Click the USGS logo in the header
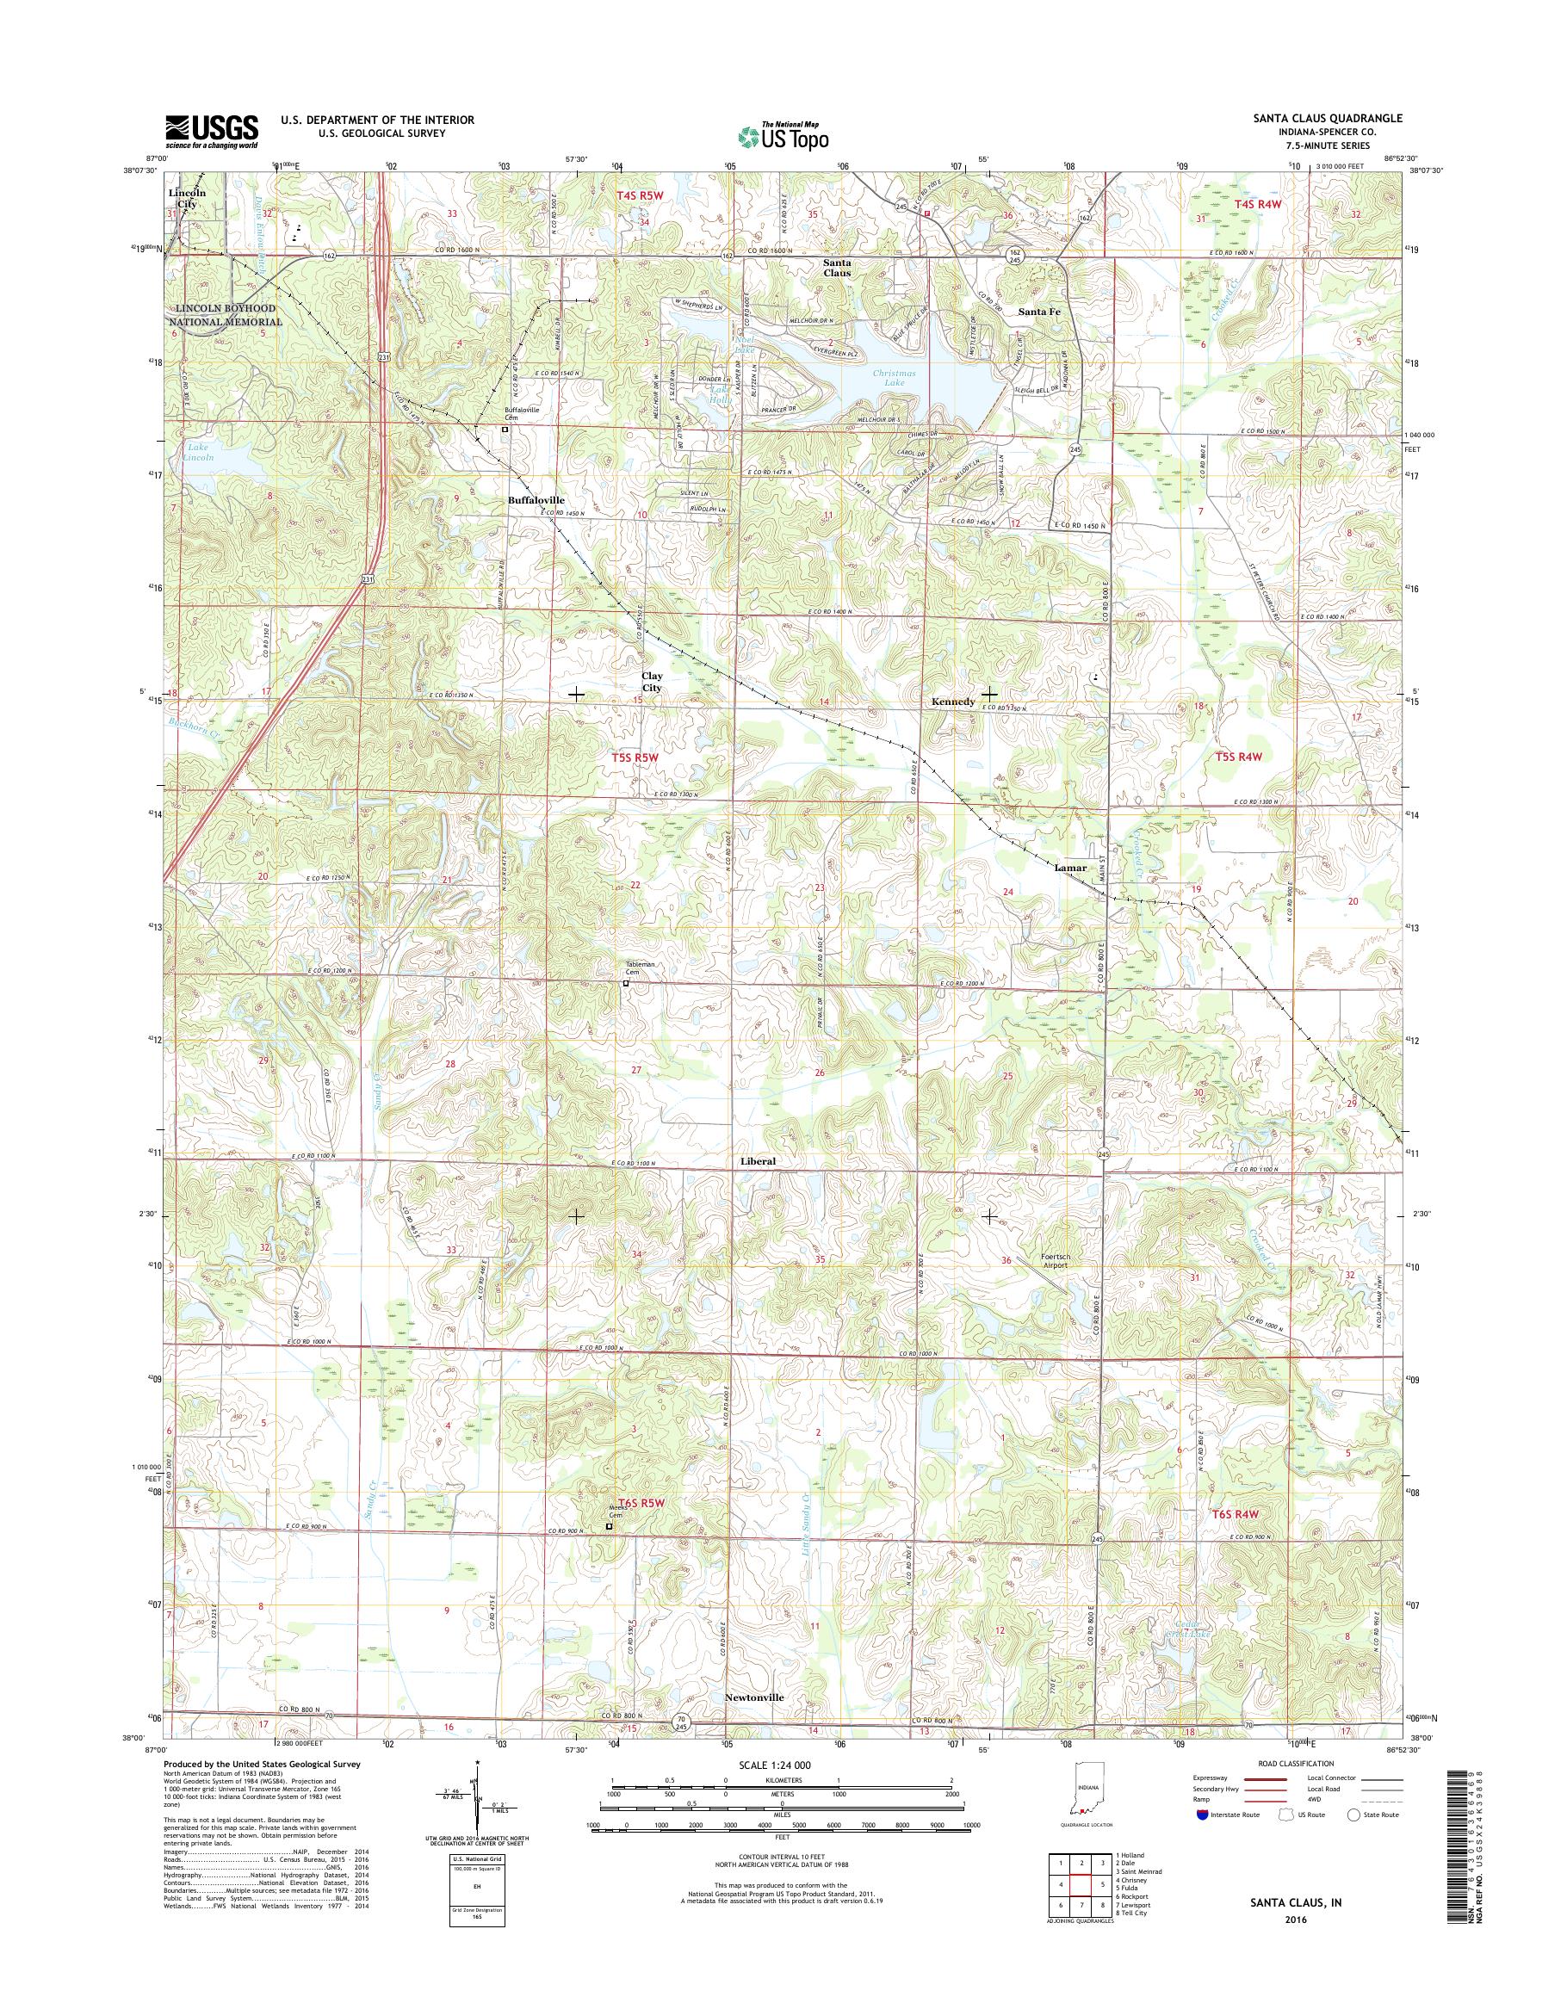211,131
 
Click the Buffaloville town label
536,500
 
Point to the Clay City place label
652,682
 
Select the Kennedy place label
953,702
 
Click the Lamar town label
1071,867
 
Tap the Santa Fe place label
1038,312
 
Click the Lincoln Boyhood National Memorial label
225,316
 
